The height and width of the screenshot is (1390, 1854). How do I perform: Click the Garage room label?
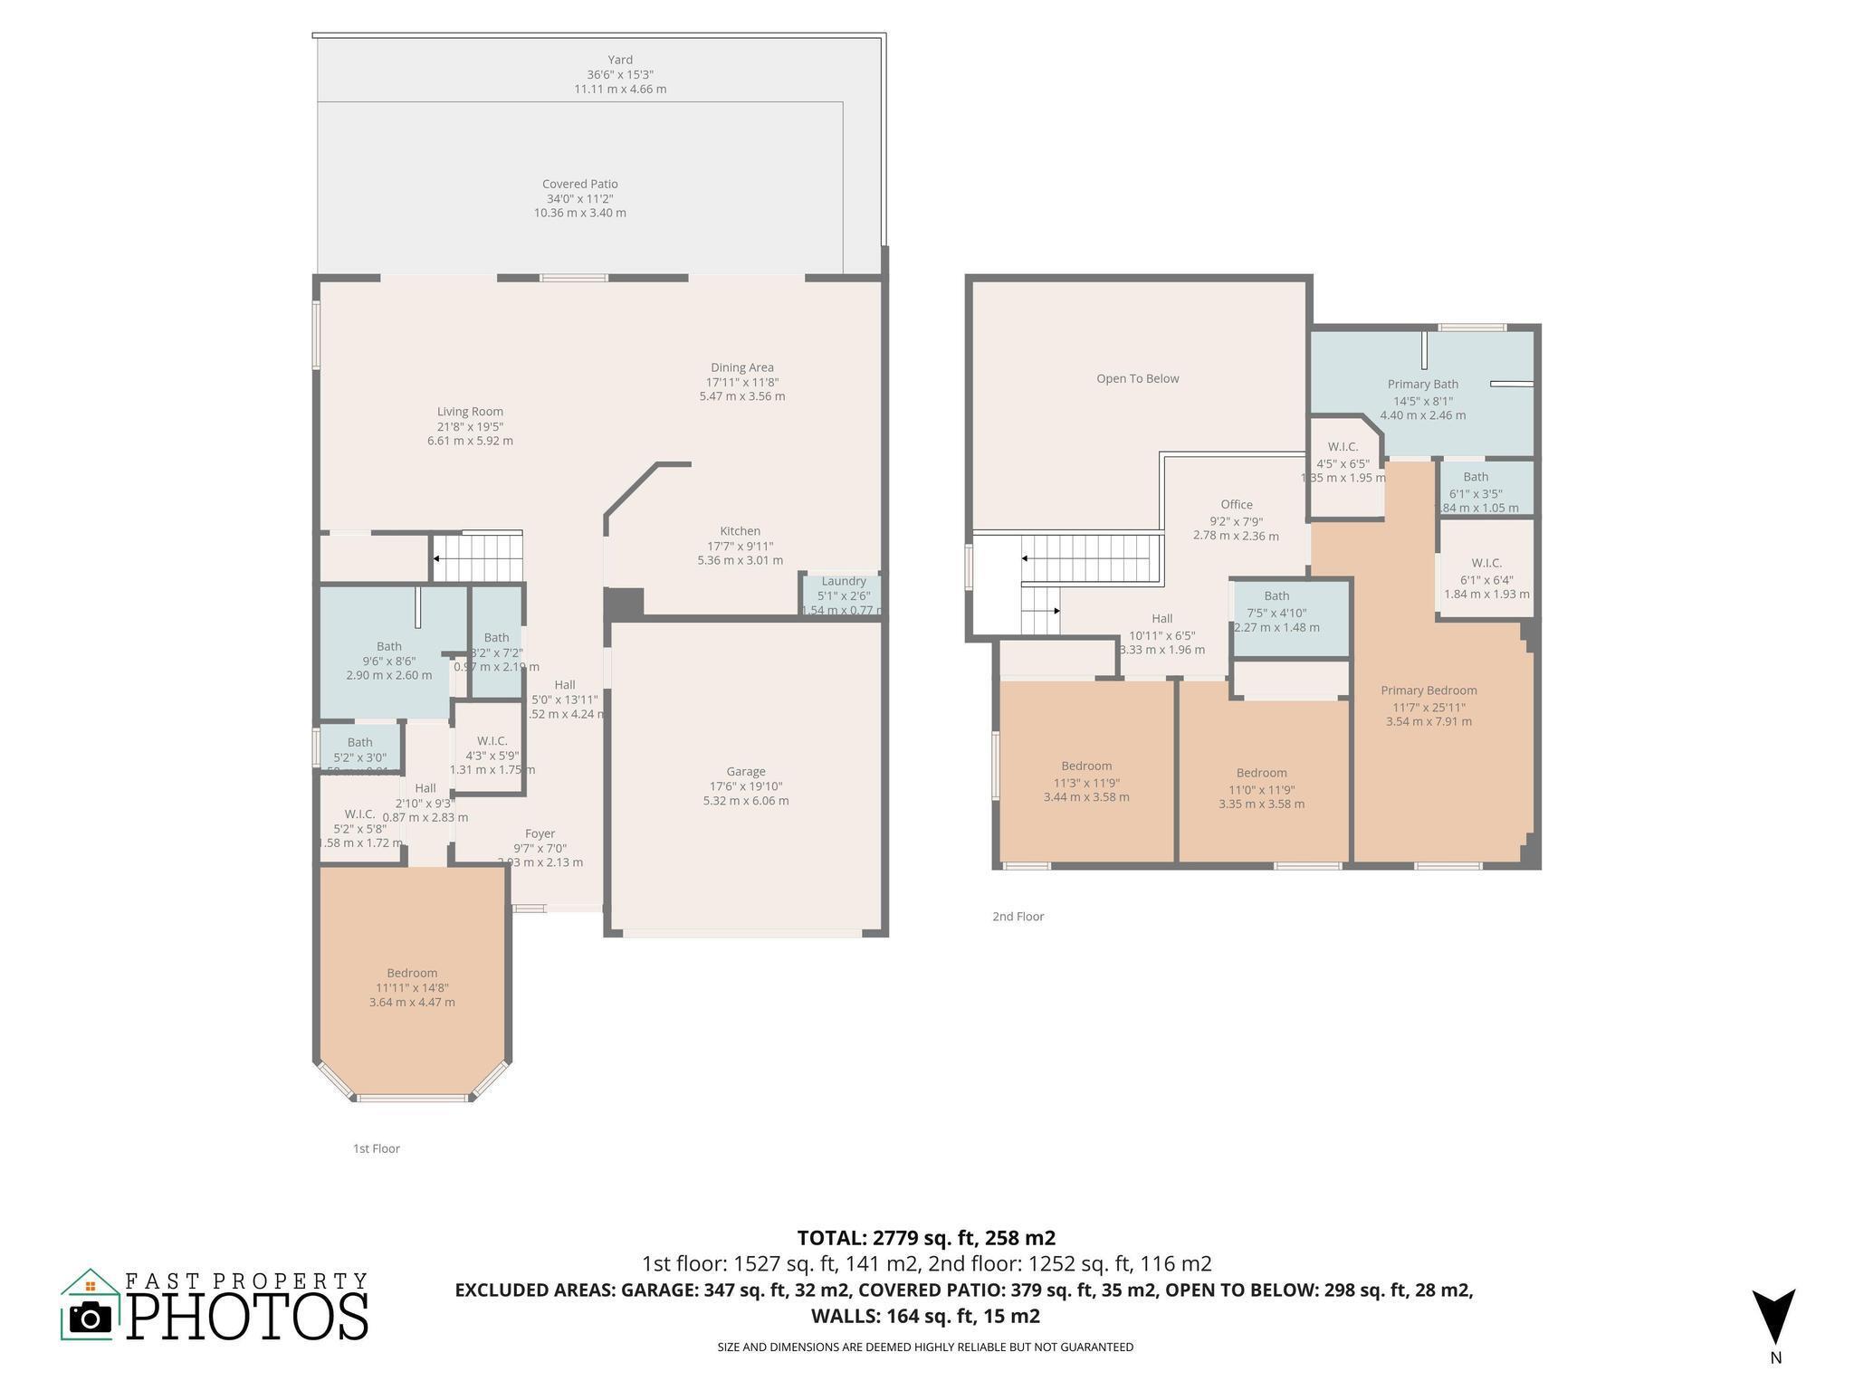tap(745, 772)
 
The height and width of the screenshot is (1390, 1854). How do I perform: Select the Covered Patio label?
tap(579, 184)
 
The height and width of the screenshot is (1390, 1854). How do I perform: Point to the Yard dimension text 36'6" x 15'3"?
tap(619, 75)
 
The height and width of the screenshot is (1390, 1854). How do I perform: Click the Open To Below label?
tap(1137, 379)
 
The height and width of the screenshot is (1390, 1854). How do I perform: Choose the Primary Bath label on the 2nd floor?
tap(1422, 385)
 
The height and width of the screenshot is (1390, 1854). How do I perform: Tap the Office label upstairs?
tap(1236, 505)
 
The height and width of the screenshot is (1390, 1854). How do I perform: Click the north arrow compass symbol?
tap(1773, 1317)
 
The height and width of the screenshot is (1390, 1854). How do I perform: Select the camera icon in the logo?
tap(90, 1318)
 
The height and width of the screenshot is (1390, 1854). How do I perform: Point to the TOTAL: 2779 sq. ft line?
tap(926, 1238)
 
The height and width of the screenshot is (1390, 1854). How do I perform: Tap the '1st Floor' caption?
tap(376, 1148)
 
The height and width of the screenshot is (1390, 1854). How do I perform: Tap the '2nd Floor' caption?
tap(1018, 917)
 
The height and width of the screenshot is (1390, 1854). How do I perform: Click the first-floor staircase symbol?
tap(478, 557)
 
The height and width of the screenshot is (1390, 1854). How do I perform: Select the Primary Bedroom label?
tap(1429, 690)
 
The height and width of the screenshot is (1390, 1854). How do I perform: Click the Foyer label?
tap(540, 834)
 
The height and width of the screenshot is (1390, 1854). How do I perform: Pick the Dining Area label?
tap(741, 367)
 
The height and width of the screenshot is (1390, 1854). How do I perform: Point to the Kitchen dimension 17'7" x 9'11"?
tap(740, 547)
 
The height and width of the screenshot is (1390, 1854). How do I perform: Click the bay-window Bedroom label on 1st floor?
tap(412, 973)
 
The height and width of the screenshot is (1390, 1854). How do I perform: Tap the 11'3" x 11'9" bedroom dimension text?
tap(1086, 783)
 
